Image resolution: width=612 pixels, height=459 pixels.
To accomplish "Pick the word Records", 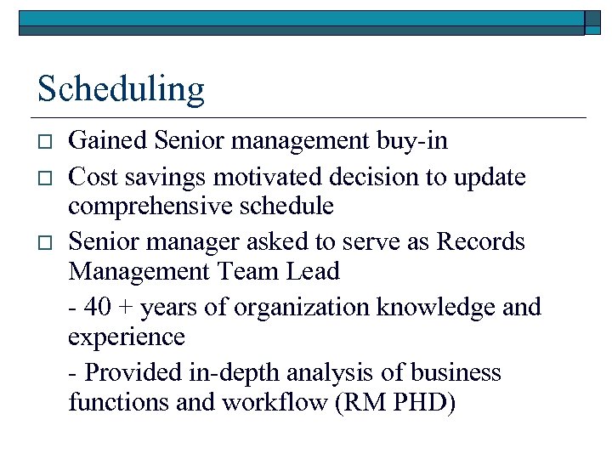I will point(481,241).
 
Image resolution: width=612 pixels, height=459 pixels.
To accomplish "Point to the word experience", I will point(127,337).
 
